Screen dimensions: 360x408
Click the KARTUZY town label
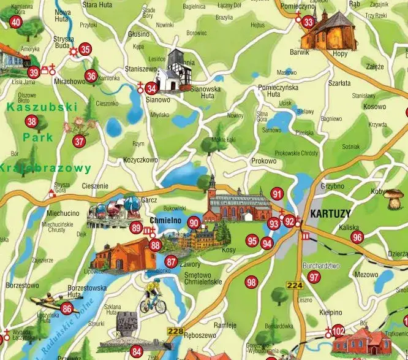coord(330,215)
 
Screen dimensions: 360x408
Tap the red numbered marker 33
coord(308,23)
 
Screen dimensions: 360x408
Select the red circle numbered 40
coord(16,23)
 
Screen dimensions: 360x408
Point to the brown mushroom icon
coord(394,197)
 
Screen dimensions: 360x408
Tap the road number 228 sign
coord(175,332)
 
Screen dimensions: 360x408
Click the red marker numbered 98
coord(251,283)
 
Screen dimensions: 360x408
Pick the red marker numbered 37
coord(79,141)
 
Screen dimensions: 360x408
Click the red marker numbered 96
coord(358,237)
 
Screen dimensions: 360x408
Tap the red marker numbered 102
coord(339,331)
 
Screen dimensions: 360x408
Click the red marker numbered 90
coord(194,223)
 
